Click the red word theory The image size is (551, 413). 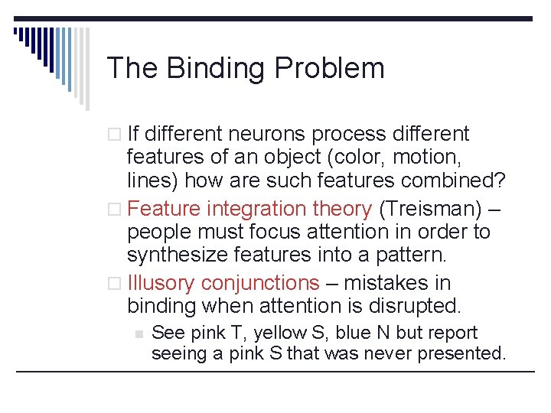(343, 208)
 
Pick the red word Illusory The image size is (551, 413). (161, 283)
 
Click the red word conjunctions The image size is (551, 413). (260, 283)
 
